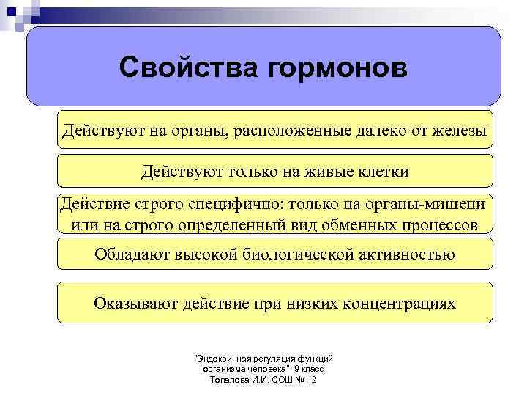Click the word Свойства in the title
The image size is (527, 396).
[187, 68]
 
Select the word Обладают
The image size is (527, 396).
[132, 254]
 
